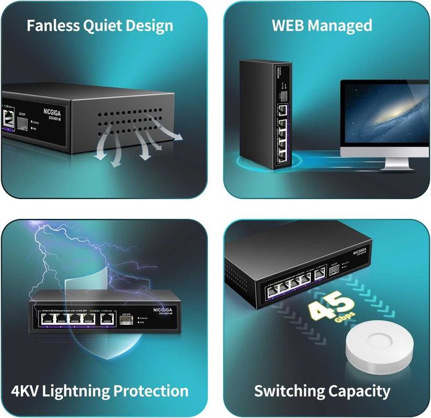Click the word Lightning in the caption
[83, 391]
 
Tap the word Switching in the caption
[289, 391]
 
